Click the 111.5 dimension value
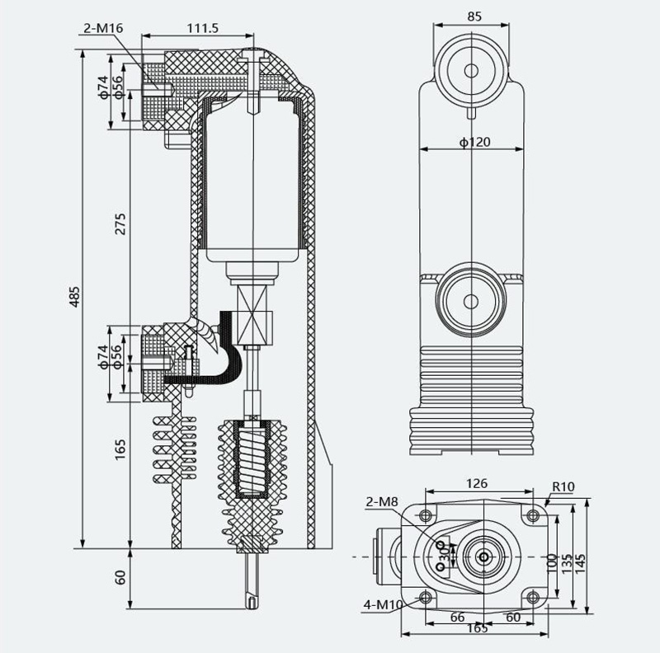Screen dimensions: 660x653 [x=203, y=28]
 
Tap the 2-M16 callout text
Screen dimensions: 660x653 [x=103, y=28]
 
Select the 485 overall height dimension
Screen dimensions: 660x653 [x=74, y=297]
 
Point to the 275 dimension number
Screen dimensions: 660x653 [x=120, y=223]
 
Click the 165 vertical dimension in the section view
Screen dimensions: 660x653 [x=120, y=449]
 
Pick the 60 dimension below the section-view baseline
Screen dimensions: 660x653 [x=120, y=577]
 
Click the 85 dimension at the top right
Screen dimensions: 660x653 [x=474, y=16]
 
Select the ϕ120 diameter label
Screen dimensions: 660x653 [x=475, y=142]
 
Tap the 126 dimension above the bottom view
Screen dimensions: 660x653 [x=477, y=483]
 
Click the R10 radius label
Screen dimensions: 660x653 [x=563, y=486]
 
